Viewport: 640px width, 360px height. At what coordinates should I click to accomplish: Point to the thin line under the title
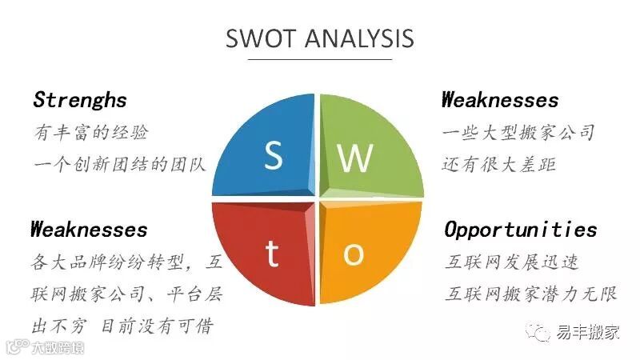320,59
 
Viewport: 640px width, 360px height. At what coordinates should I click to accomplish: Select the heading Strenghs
80,100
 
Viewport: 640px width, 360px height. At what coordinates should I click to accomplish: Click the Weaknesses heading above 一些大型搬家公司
500,100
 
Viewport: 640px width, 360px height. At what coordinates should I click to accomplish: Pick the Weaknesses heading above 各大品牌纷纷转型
90,230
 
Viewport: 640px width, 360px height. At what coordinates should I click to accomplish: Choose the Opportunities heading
521,230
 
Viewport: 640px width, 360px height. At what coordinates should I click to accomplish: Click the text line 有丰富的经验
91,132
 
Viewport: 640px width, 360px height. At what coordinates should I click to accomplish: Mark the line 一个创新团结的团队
120,164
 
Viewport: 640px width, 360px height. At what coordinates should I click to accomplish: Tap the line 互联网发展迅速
512,262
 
